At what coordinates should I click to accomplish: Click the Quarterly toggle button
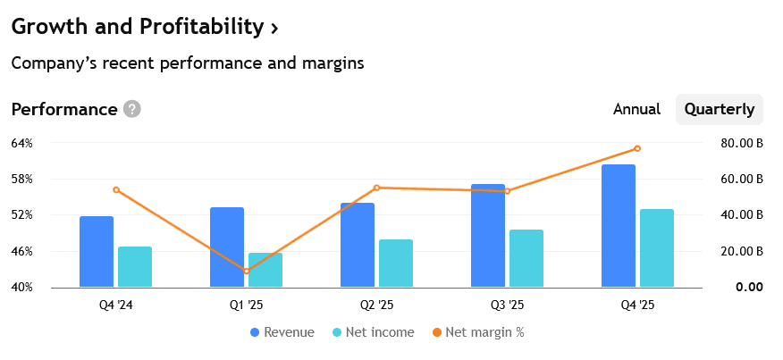719,110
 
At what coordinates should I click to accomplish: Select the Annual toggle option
636,110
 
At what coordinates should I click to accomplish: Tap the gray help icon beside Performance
132,110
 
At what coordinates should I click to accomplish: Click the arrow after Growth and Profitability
274,29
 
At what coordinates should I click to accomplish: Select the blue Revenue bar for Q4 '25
619,226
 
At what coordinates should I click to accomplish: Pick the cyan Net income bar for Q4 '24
135,266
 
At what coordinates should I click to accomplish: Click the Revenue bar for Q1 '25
227,247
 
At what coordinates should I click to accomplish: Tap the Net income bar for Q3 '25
526,258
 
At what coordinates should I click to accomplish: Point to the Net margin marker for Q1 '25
247,271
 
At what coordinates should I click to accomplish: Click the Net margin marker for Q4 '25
637,148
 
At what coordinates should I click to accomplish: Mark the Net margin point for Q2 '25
376,188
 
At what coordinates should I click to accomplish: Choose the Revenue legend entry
282,332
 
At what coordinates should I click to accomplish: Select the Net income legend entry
373,332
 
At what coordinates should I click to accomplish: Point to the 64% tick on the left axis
22,143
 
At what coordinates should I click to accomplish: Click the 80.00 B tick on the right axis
741,143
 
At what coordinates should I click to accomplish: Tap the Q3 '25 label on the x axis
507,306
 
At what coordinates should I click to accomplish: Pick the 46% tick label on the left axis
22,251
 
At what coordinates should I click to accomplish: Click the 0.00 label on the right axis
749,287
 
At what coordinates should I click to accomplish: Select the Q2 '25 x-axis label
376,306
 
